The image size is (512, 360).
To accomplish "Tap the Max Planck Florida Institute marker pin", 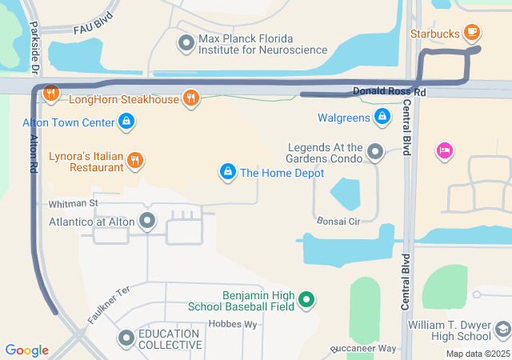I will [186, 42].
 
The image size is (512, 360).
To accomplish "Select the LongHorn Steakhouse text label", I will [124, 99].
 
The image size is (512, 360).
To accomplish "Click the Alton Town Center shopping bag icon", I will [126, 122].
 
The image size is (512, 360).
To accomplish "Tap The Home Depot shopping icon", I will [228, 172].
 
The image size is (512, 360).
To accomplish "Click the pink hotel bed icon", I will [444, 150].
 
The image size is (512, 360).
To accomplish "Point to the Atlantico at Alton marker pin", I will [147, 219].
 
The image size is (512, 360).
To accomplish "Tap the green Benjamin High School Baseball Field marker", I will [305, 301].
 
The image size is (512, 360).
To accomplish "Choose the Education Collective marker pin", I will [126, 338].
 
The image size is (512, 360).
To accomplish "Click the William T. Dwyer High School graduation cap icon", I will [502, 329].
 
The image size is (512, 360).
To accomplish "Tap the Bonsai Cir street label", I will [339, 221].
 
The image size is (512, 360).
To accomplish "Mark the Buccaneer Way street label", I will [364, 350].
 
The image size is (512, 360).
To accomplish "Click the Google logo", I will [27, 350].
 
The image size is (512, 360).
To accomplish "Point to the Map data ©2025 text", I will [477, 354].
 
